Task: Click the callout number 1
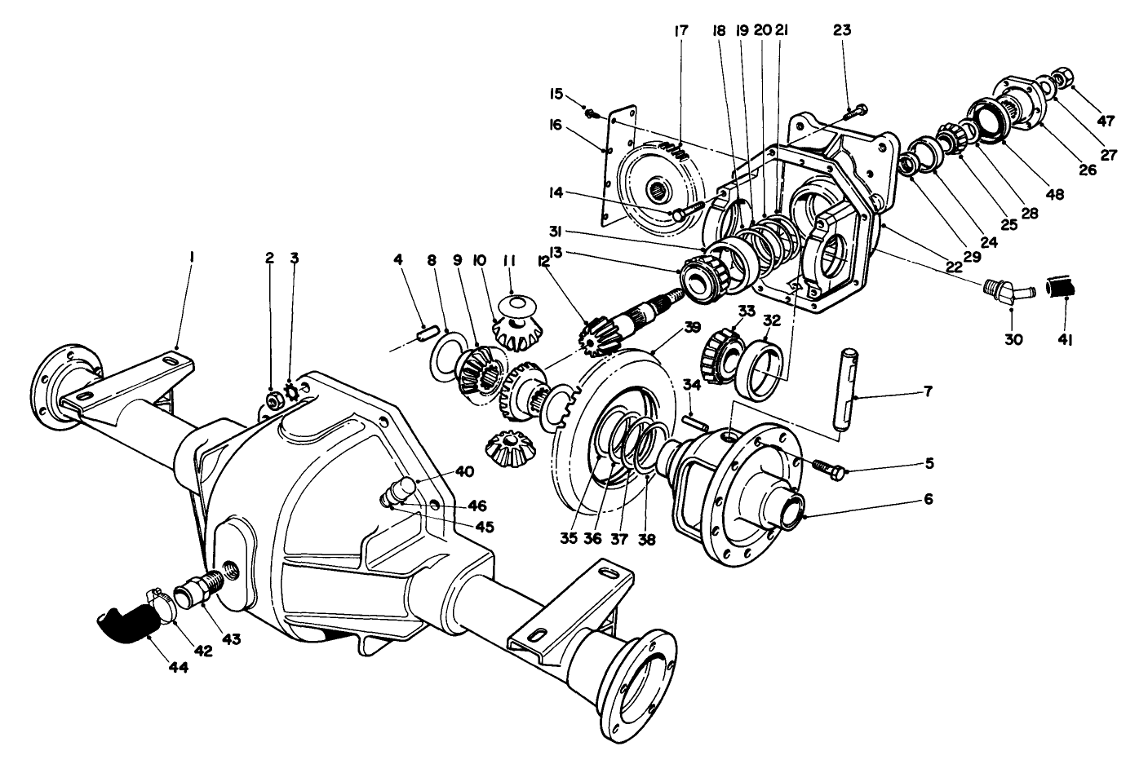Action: [191, 258]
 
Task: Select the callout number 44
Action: [179, 668]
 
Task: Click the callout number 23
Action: [842, 31]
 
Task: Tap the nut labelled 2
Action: [275, 400]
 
